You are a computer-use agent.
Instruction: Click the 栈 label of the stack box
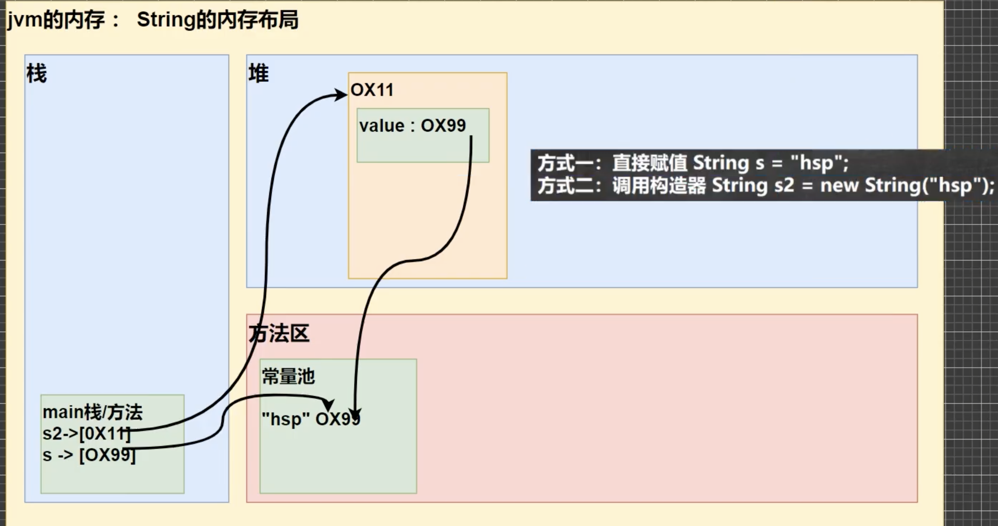[x=36, y=74]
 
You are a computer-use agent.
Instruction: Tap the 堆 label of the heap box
[x=259, y=74]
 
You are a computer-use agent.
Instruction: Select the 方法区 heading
[x=279, y=333]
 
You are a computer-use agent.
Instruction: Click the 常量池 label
[x=288, y=377]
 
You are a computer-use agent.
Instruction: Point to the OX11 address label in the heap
[x=372, y=90]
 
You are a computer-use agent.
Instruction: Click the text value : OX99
[x=412, y=126]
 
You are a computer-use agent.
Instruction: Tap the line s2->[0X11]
[x=86, y=433]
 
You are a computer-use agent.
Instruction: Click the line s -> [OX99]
[x=89, y=455]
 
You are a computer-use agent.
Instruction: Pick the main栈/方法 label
[x=93, y=412]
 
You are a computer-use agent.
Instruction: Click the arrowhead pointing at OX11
[x=341, y=95]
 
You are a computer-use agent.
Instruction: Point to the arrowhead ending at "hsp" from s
[x=329, y=405]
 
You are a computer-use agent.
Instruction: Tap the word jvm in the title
[x=24, y=21]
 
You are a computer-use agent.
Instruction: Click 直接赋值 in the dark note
[x=649, y=163]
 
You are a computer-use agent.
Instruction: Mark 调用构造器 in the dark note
[x=659, y=186]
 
